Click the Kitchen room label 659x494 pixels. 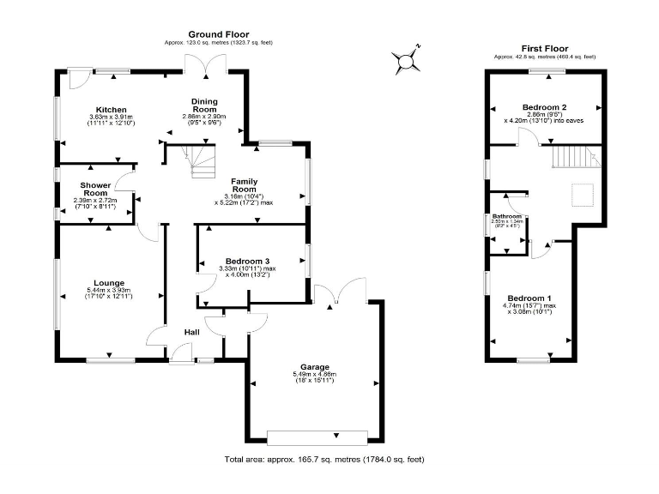coord(112,110)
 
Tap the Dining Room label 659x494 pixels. coord(204,105)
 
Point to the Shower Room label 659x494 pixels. coord(93,190)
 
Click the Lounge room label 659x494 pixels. coord(110,283)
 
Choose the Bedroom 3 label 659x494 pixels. coord(248,261)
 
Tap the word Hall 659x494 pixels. coord(193,331)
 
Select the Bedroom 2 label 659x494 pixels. coord(543,106)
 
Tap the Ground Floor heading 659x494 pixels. coord(219,33)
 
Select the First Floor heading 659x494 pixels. coord(545,49)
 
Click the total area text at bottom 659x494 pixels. coord(324,460)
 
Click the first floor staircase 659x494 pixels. coord(573,157)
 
